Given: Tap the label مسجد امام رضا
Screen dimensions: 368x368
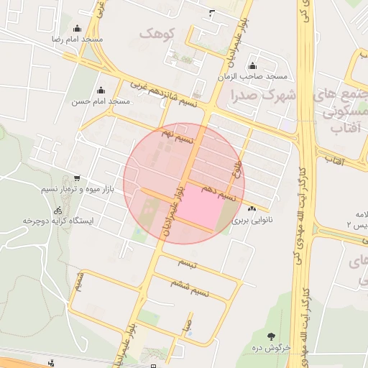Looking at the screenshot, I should tap(77, 39).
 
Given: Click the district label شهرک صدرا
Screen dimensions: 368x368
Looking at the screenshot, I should tap(263, 94).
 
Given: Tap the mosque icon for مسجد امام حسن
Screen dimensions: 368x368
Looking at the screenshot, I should tap(100, 91).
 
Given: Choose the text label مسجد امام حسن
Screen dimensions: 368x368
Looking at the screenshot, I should tap(100, 101).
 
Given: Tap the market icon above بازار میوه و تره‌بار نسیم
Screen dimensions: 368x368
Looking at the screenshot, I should tap(77, 178).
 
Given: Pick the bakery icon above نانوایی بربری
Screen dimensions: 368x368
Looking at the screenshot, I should tap(251, 208).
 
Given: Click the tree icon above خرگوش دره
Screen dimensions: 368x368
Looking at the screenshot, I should tap(271, 336).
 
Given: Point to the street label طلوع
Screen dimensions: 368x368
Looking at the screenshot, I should tap(235, 170).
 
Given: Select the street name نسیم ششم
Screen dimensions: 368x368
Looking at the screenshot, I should tap(190, 288).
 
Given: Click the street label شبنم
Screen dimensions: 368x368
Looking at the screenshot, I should tap(80, 280).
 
